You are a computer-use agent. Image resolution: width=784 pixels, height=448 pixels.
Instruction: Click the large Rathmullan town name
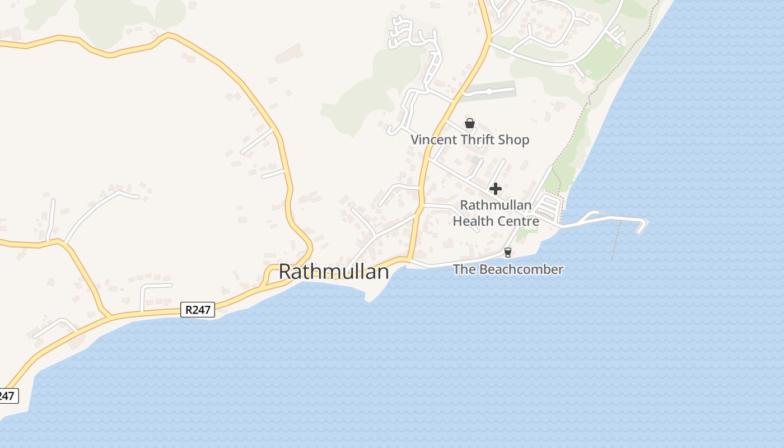point(333,272)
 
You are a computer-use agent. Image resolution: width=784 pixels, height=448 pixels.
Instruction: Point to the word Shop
point(514,140)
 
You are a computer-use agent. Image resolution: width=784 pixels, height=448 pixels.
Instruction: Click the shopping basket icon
point(470,123)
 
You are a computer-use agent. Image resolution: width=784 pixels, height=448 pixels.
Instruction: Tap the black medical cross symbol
point(496,189)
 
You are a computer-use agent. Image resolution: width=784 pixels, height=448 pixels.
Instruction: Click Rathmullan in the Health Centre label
point(496,205)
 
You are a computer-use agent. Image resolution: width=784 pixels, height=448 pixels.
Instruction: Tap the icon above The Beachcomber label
point(508,253)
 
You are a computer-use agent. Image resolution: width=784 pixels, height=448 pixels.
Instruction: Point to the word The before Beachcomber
point(464,269)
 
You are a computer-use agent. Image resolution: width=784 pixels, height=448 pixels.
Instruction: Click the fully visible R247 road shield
point(198,310)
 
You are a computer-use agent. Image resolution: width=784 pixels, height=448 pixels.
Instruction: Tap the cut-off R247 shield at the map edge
point(7,396)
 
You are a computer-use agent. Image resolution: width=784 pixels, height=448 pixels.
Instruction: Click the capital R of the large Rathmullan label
point(286,272)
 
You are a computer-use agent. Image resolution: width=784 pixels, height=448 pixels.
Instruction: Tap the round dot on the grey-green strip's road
point(489,91)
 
